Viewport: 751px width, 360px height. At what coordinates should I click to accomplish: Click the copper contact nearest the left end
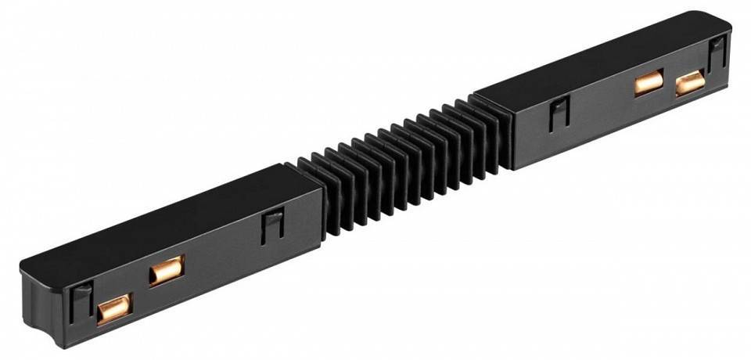(114, 309)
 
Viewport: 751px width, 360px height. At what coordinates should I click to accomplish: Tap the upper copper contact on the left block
(166, 270)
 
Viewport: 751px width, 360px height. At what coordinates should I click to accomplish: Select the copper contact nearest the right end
(689, 82)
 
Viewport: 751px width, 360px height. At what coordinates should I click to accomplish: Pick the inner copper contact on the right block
(649, 82)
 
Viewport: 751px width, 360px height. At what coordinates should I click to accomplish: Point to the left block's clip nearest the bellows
(272, 227)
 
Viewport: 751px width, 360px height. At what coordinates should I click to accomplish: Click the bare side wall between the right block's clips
(602, 110)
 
